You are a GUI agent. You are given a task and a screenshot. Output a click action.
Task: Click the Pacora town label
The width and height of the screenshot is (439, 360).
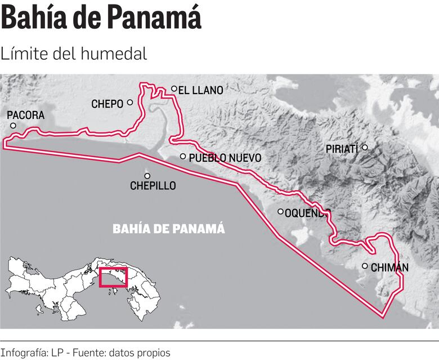point(25,115)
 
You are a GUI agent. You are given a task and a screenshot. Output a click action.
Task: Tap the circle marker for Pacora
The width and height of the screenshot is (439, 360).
point(13,126)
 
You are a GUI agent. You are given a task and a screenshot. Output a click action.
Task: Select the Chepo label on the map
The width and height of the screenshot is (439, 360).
point(107,104)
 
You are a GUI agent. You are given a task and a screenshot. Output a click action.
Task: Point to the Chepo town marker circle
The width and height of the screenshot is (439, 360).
point(130,103)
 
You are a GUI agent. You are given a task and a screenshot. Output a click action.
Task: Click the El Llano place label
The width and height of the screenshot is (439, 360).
point(201,90)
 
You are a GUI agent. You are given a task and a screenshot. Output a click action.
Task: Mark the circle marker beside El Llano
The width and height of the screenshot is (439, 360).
point(174,88)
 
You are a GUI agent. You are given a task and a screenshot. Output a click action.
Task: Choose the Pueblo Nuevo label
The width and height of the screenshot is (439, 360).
point(225,158)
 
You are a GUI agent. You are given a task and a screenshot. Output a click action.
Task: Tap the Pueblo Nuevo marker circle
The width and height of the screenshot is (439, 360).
point(183,157)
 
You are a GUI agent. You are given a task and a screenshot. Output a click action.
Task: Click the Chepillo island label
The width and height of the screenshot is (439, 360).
point(153,185)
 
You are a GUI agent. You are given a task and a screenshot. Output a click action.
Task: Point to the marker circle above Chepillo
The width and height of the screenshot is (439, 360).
point(147,175)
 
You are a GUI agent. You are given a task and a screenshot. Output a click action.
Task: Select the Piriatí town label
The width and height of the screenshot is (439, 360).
point(342,149)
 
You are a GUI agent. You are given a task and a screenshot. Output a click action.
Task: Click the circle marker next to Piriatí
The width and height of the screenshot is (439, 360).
point(365,148)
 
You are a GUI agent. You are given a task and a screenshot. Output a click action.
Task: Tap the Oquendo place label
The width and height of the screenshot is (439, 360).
point(307,213)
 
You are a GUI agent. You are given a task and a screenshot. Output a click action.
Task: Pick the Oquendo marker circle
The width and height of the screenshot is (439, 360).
point(281,212)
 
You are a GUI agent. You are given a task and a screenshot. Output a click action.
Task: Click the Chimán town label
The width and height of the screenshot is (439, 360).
point(389,268)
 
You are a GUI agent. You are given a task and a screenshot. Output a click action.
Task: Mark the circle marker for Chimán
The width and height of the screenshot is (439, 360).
point(365,266)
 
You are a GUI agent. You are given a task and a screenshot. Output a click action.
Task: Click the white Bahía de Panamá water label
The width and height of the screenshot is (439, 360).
point(169,229)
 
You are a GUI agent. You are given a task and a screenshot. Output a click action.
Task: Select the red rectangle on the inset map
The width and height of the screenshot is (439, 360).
point(113,277)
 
